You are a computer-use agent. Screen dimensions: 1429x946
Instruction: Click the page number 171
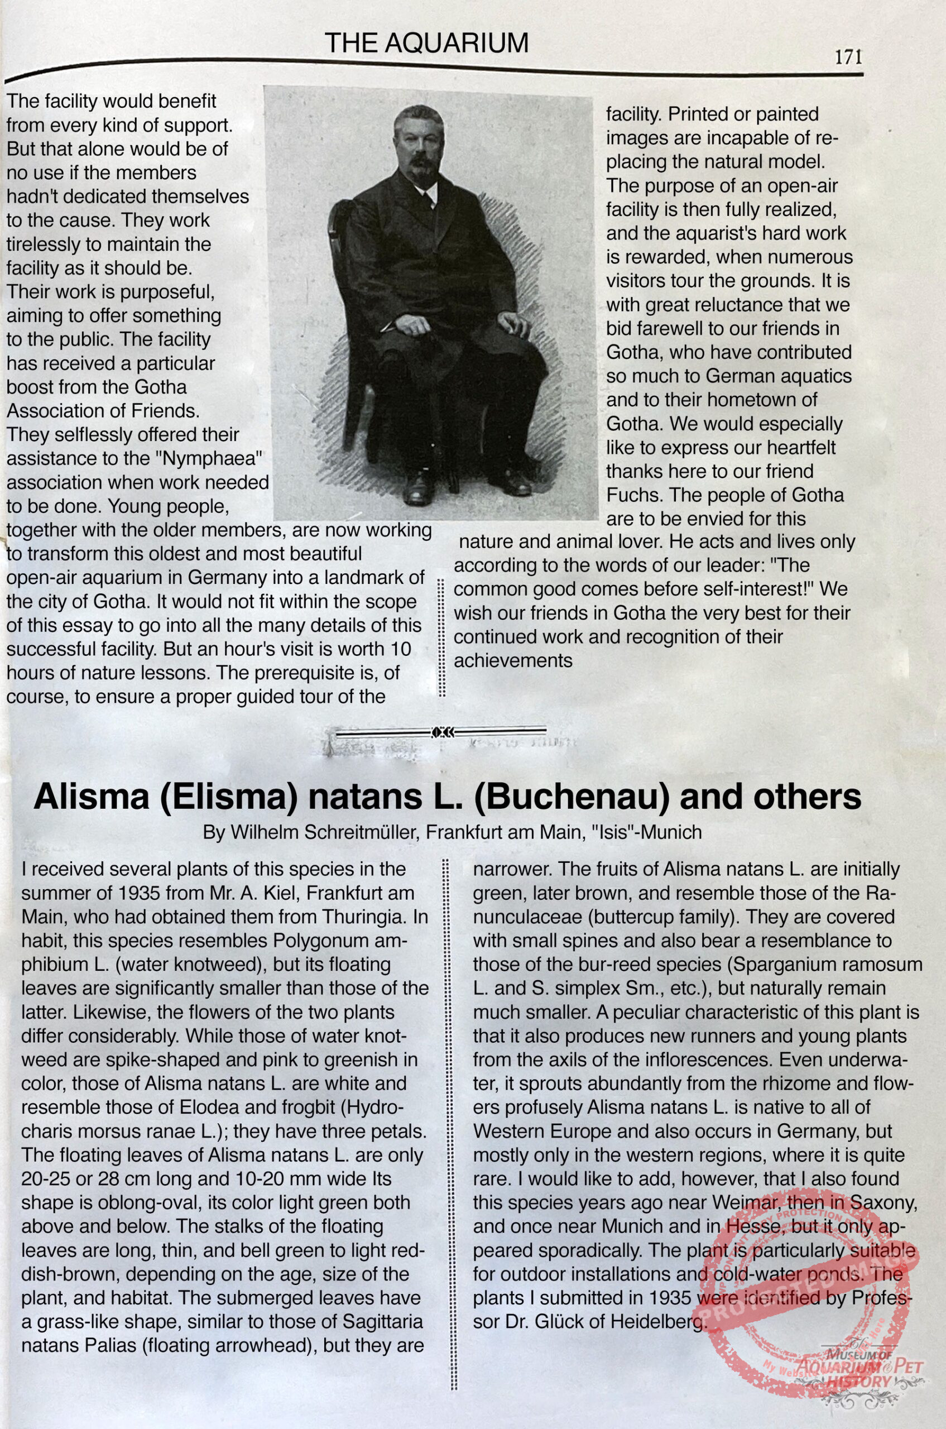pos(848,57)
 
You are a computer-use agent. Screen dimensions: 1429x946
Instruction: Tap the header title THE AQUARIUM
pos(426,43)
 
